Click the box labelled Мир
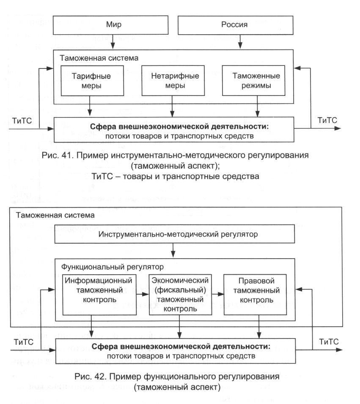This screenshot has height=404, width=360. (113, 25)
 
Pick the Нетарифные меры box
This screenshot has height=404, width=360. (171, 81)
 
